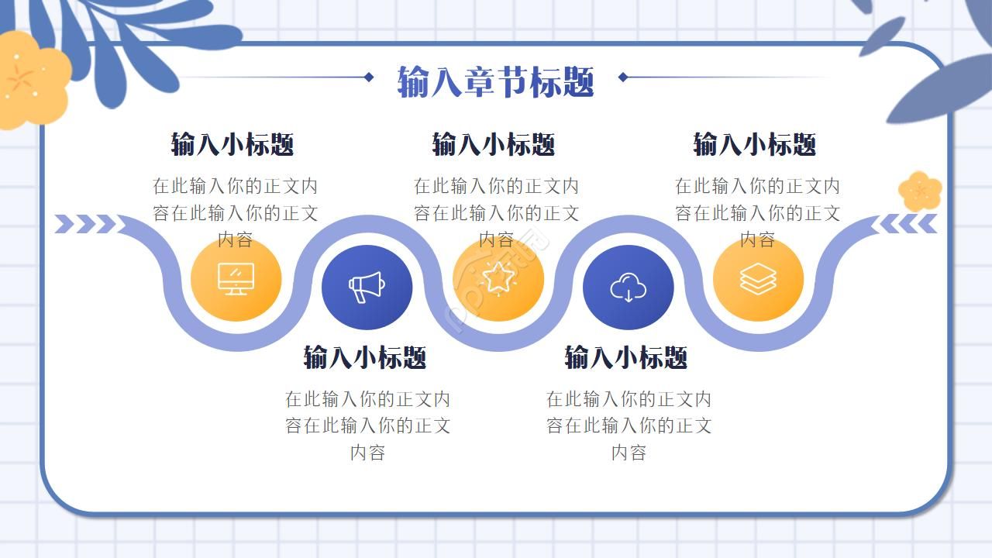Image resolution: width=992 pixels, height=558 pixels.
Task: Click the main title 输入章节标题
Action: tap(495, 81)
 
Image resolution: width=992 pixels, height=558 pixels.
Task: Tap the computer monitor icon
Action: tap(236, 279)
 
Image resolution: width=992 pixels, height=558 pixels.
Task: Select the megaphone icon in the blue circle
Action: tap(367, 288)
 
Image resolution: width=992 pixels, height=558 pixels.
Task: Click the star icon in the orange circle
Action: tap(498, 277)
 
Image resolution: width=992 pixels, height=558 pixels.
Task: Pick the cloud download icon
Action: tap(628, 288)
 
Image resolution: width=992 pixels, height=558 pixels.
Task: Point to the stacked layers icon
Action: tap(758, 279)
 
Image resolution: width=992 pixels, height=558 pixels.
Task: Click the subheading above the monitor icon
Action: tap(232, 144)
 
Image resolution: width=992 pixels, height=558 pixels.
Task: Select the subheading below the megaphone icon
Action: tap(365, 357)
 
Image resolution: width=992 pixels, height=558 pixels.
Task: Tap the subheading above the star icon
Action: tap(494, 144)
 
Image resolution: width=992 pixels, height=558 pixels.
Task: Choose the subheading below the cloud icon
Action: tap(626, 357)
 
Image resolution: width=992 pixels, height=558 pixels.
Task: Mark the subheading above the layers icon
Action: tap(755, 144)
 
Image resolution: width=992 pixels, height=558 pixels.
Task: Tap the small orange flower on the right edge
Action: tap(920, 191)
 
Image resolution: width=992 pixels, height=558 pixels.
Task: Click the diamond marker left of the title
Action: tap(369, 77)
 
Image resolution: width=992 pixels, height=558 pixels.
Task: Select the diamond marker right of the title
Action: tap(622, 77)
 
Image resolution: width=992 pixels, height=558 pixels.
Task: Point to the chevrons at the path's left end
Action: tap(85, 224)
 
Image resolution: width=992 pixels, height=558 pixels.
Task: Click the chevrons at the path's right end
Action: tap(908, 224)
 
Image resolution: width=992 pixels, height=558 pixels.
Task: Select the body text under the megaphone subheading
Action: tap(367, 425)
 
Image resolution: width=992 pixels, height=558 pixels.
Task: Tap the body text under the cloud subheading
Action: tap(629, 425)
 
